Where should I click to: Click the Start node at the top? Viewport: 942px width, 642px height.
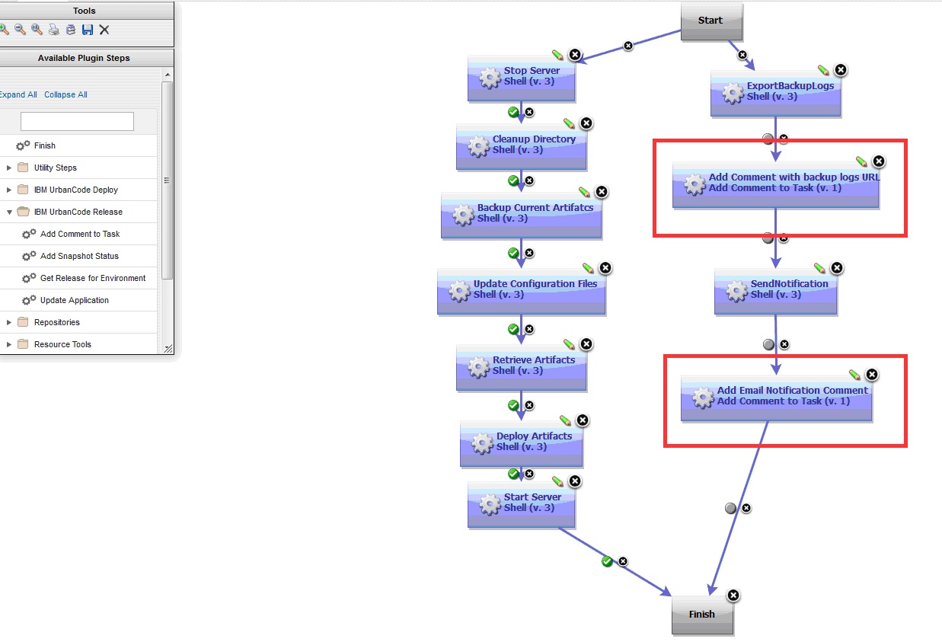pos(710,21)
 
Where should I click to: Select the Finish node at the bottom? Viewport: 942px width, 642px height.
pos(702,614)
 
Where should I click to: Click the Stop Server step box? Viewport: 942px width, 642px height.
pos(521,77)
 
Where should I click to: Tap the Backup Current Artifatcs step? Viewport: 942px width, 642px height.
pos(521,214)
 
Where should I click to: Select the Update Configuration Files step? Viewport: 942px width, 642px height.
pos(521,290)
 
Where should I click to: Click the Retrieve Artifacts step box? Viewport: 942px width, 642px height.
pos(521,366)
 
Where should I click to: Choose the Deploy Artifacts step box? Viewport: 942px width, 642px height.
pos(521,442)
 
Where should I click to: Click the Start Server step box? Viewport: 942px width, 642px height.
pos(521,503)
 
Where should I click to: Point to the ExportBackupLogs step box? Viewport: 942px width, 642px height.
pos(775,92)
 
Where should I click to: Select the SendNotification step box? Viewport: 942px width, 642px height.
pos(775,290)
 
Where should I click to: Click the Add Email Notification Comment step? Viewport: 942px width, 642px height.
pos(775,397)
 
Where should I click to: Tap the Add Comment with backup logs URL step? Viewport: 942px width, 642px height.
pos(775,184)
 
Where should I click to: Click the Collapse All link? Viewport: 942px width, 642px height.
pos(65,94)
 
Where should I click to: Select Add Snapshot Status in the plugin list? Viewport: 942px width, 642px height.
pos(79,256)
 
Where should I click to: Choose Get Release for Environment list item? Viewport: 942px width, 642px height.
pos(93,278)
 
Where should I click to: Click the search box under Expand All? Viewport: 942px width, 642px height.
pos(77,121)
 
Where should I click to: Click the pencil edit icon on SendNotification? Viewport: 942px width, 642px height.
pos(819,268)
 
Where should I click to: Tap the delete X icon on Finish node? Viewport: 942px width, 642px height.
pos(733,595)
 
